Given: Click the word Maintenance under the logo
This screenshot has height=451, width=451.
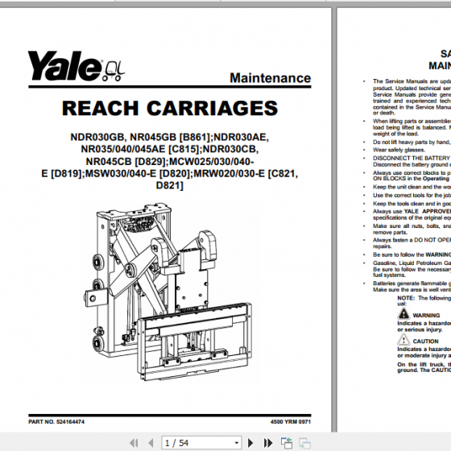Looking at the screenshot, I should point(270,78).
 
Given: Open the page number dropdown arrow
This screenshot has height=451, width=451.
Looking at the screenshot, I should point(236,442).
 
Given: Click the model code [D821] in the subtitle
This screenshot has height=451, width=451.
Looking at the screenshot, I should point(168,185).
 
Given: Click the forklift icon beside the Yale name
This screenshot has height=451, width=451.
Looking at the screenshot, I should point(114,69).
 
